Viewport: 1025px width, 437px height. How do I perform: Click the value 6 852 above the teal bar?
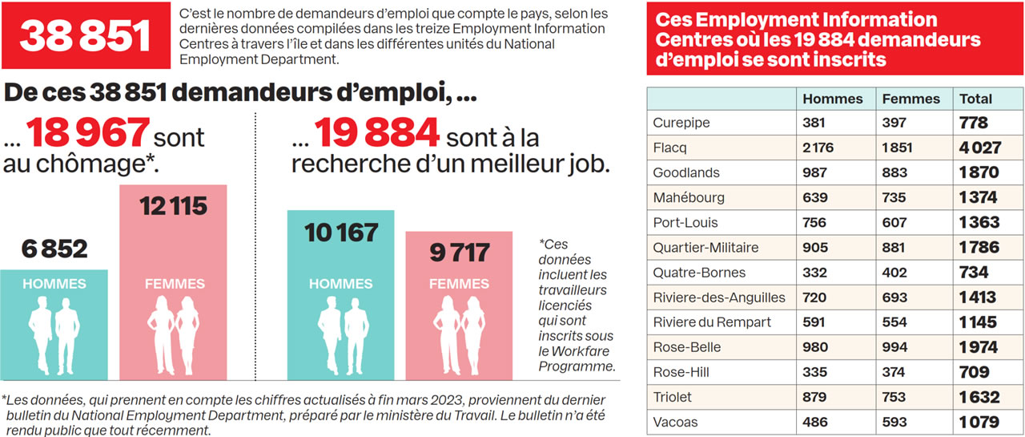[x=54, y=249]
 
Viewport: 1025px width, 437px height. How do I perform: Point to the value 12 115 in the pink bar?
[x=174, y=206]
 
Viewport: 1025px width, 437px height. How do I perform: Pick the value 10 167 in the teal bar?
[x=341, y=233]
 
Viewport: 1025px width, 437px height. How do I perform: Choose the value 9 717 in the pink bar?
[x=459, y=253]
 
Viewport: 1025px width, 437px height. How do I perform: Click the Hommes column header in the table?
[x=832, y=99]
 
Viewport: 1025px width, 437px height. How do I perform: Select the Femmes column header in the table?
[x=910, y=99]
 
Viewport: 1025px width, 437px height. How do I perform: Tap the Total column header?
[x=975, y=99]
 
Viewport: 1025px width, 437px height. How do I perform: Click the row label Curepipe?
[x=681, y=123]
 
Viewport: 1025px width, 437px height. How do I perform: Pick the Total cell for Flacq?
[x=979, y=148]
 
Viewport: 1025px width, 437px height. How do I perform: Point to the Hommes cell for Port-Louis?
[x=816, y=222]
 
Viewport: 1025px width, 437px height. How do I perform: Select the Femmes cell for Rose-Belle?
[x=894, y=347]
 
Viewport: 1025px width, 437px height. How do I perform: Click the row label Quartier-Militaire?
[x=705, y=248]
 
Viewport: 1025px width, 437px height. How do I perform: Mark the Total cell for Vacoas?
[x=979, y=422]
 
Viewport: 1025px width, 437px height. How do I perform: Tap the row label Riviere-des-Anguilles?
[x=719, y=297]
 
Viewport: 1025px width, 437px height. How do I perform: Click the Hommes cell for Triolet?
[x=816, y=397]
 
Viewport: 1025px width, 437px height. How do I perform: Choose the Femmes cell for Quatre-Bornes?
[x=894, y=273]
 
